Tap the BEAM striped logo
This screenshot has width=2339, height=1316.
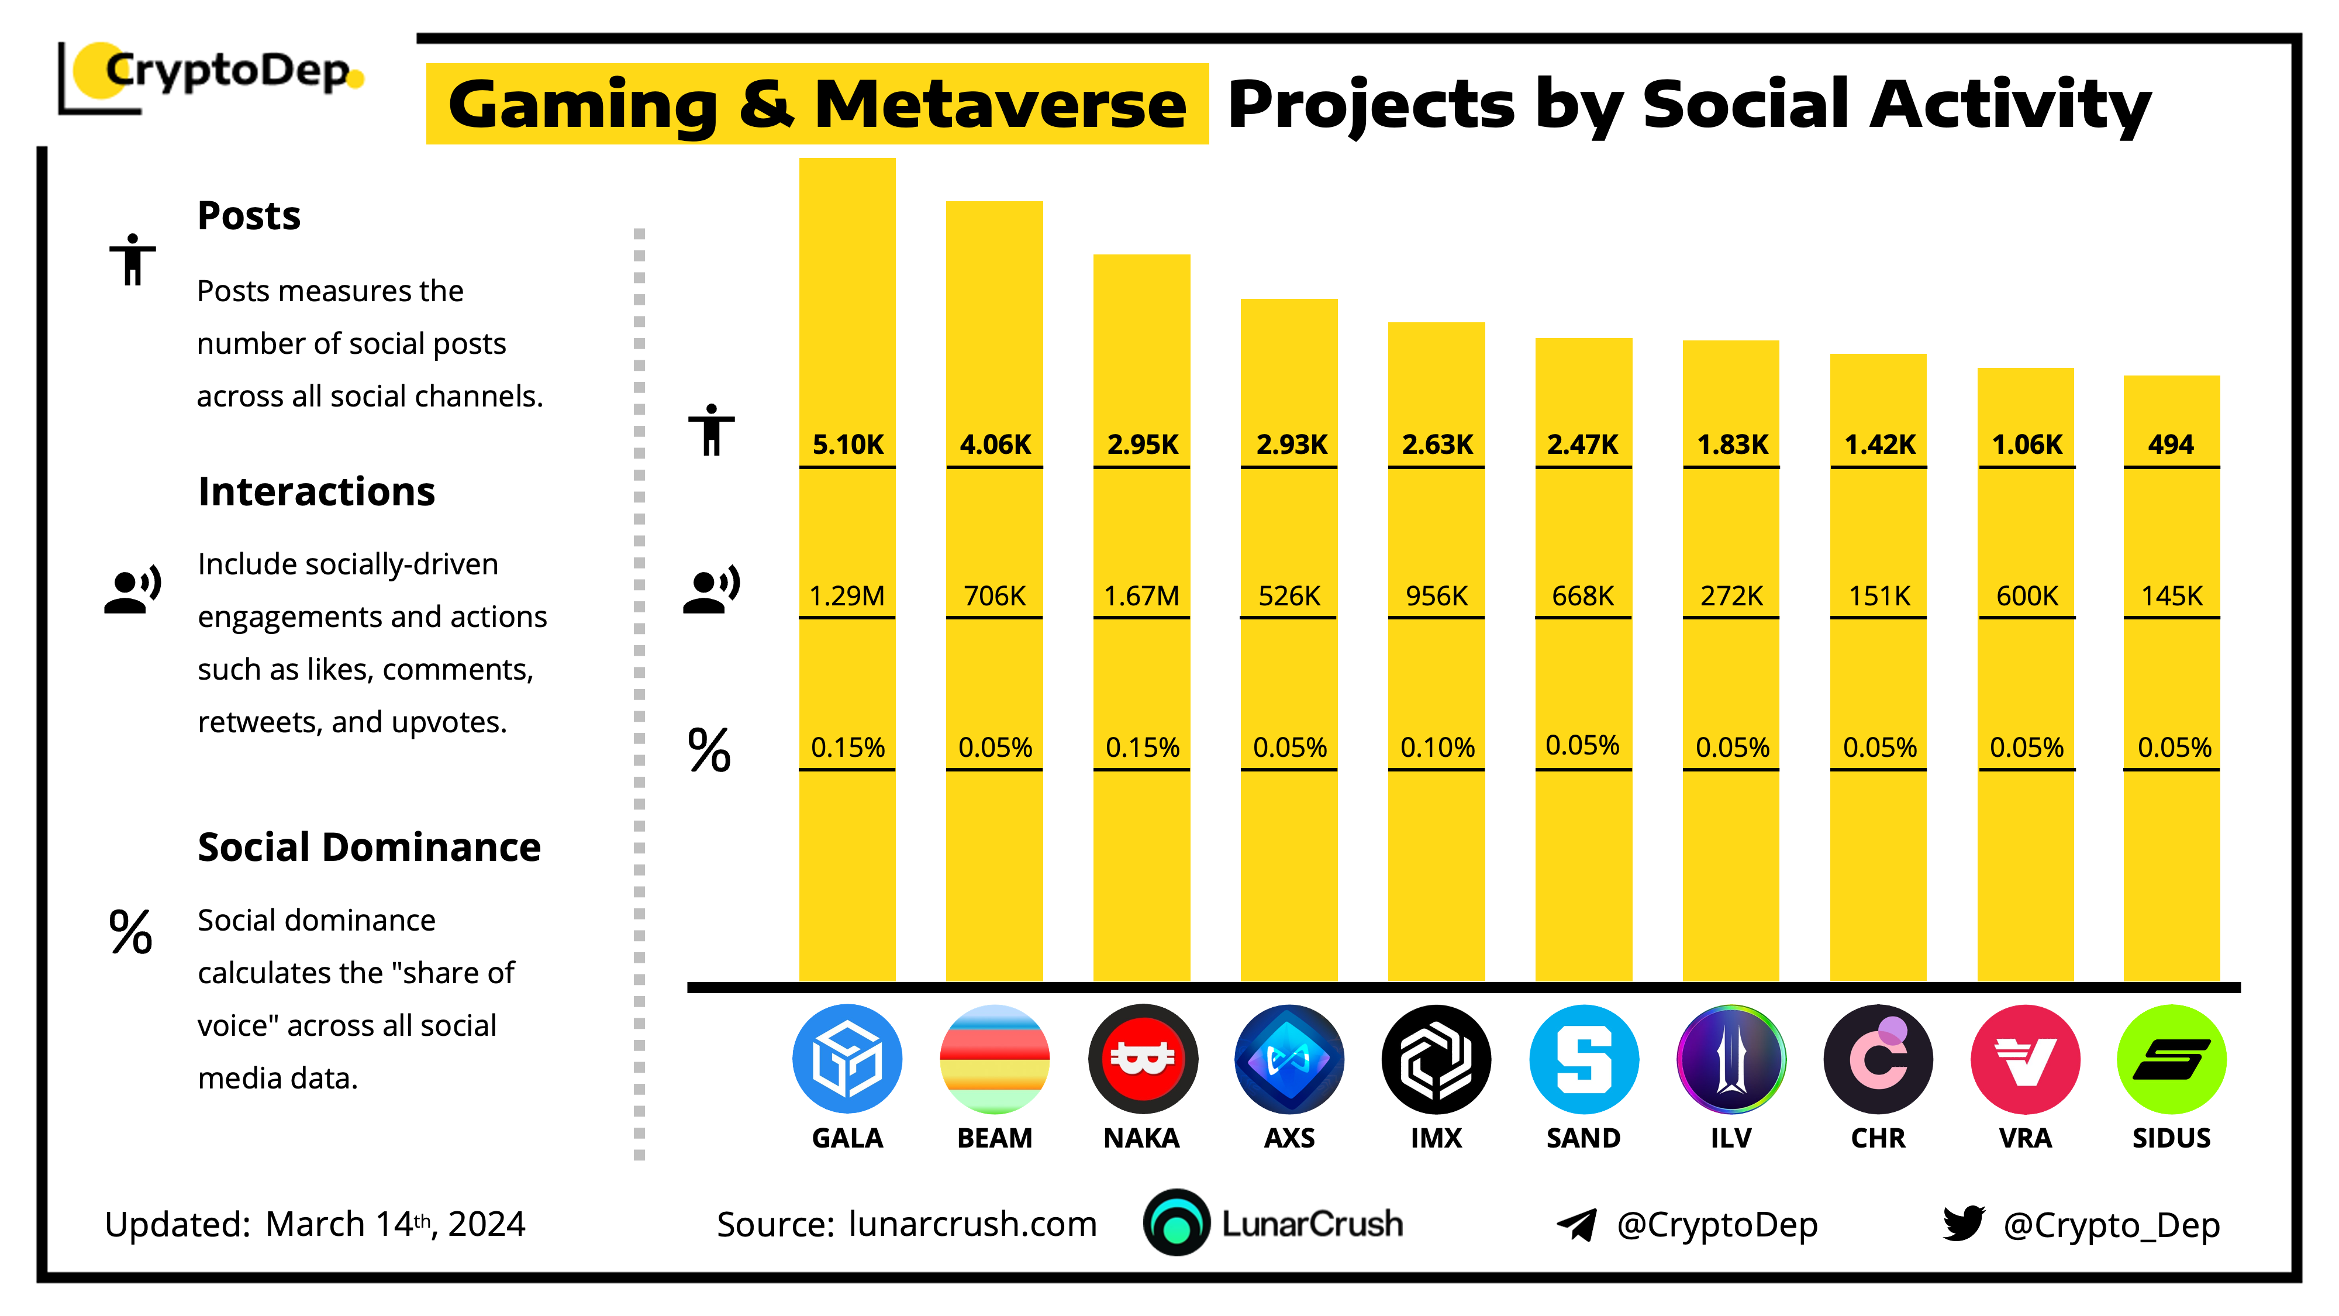(994, 1059)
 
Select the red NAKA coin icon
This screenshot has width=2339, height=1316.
(1142, 1059)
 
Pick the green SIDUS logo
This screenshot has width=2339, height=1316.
(2171, 1059)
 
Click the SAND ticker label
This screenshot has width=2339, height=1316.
(1583, 1138)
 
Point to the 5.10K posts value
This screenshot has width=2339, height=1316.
(847, 444)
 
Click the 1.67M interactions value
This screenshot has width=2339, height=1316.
(1141, 596)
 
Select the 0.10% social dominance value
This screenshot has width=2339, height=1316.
(1437, 747)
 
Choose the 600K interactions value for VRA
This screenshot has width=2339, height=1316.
(2026, 596)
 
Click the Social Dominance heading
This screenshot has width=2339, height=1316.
(368, 848)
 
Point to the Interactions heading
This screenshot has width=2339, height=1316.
(316, 491)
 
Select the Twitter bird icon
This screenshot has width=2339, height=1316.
(1963, 1224)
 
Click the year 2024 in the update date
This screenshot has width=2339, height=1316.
(487, 1224)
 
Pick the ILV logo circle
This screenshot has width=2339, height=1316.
(1731, 1059)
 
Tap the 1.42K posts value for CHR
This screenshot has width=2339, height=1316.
(1879, 444)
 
